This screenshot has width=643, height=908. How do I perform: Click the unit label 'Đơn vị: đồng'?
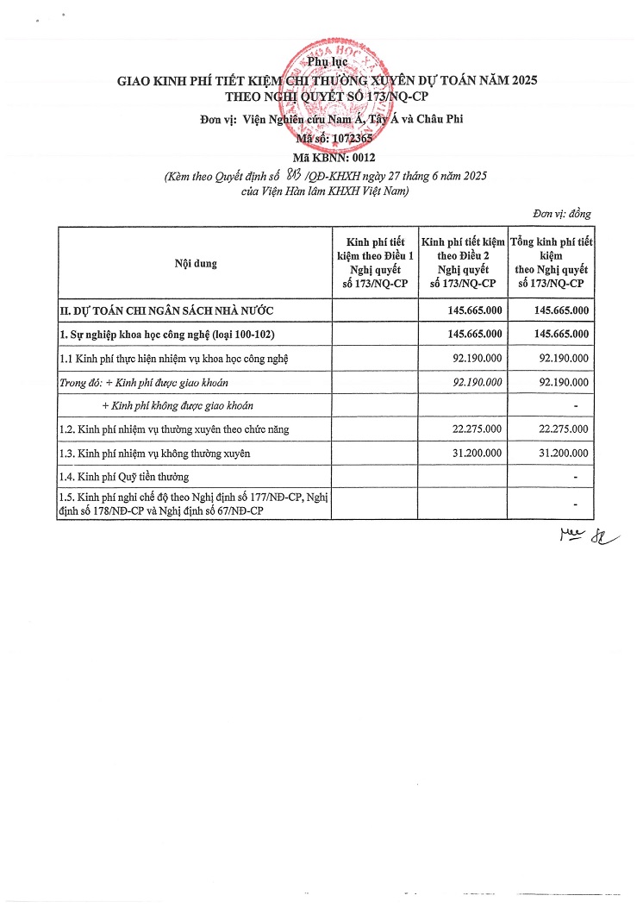click(x=562, y=214)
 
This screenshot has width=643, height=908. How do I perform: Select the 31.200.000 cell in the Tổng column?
click(x=562, y=452)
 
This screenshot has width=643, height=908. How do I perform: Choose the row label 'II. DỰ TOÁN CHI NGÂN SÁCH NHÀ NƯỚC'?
click(x=167, y=310)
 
